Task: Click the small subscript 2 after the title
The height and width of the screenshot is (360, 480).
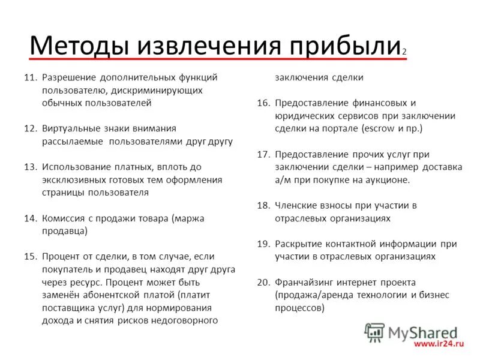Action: pos(404,52)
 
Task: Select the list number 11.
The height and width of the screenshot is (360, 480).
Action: pos(31,77)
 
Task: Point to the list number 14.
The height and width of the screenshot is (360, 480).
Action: pos(31,218)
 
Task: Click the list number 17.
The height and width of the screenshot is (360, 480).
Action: pos(263,154)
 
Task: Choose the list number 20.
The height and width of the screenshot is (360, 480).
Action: pos(263,282)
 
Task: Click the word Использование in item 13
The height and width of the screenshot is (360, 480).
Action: pos(75,167)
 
